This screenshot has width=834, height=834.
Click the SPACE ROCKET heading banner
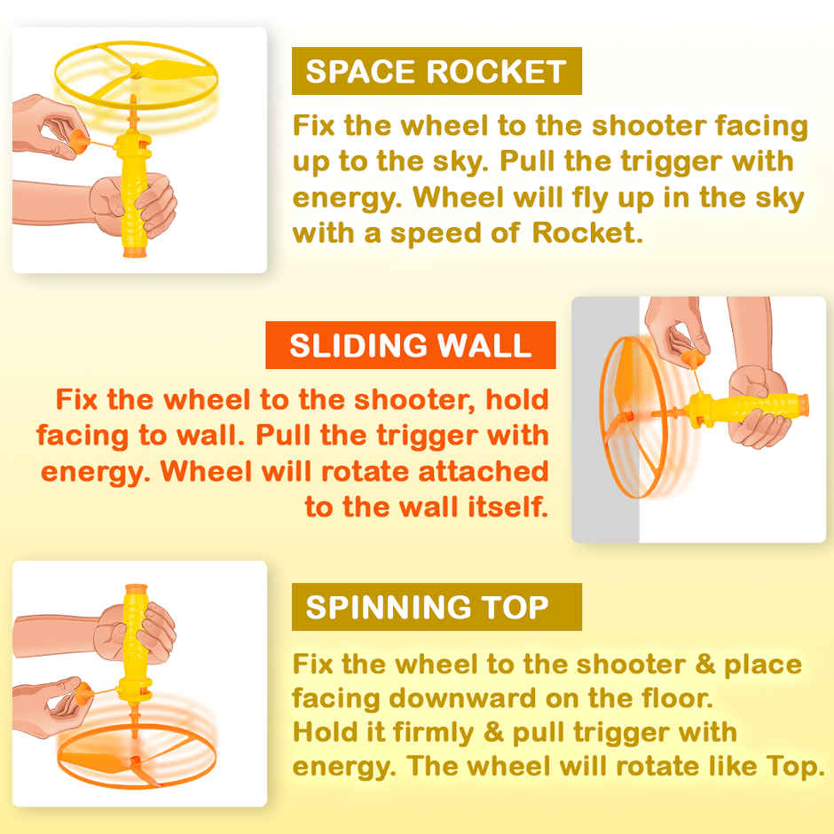click(436, 71)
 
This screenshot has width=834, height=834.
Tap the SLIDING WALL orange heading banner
click(410, 345)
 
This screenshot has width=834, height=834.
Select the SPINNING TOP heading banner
click(436, 607)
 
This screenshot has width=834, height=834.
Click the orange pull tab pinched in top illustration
click(77, 141)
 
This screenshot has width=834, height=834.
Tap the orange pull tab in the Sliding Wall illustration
click(690, 357)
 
